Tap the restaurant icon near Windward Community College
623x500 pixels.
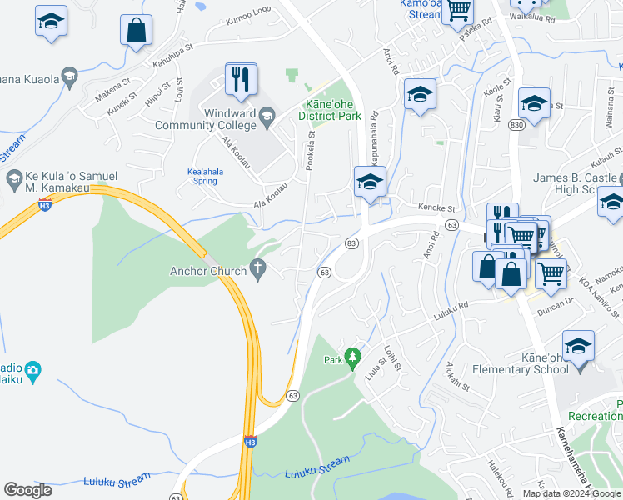(x=240, y=80)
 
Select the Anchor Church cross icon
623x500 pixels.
(x=259, y=271)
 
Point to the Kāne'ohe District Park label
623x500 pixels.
(x=329, y=111)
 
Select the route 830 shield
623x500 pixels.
(x=517, y=124)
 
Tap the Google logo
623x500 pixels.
(x=28, y=490)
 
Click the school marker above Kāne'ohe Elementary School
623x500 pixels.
(x=578, y=345)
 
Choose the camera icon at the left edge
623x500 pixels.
(x=32, y=370)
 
